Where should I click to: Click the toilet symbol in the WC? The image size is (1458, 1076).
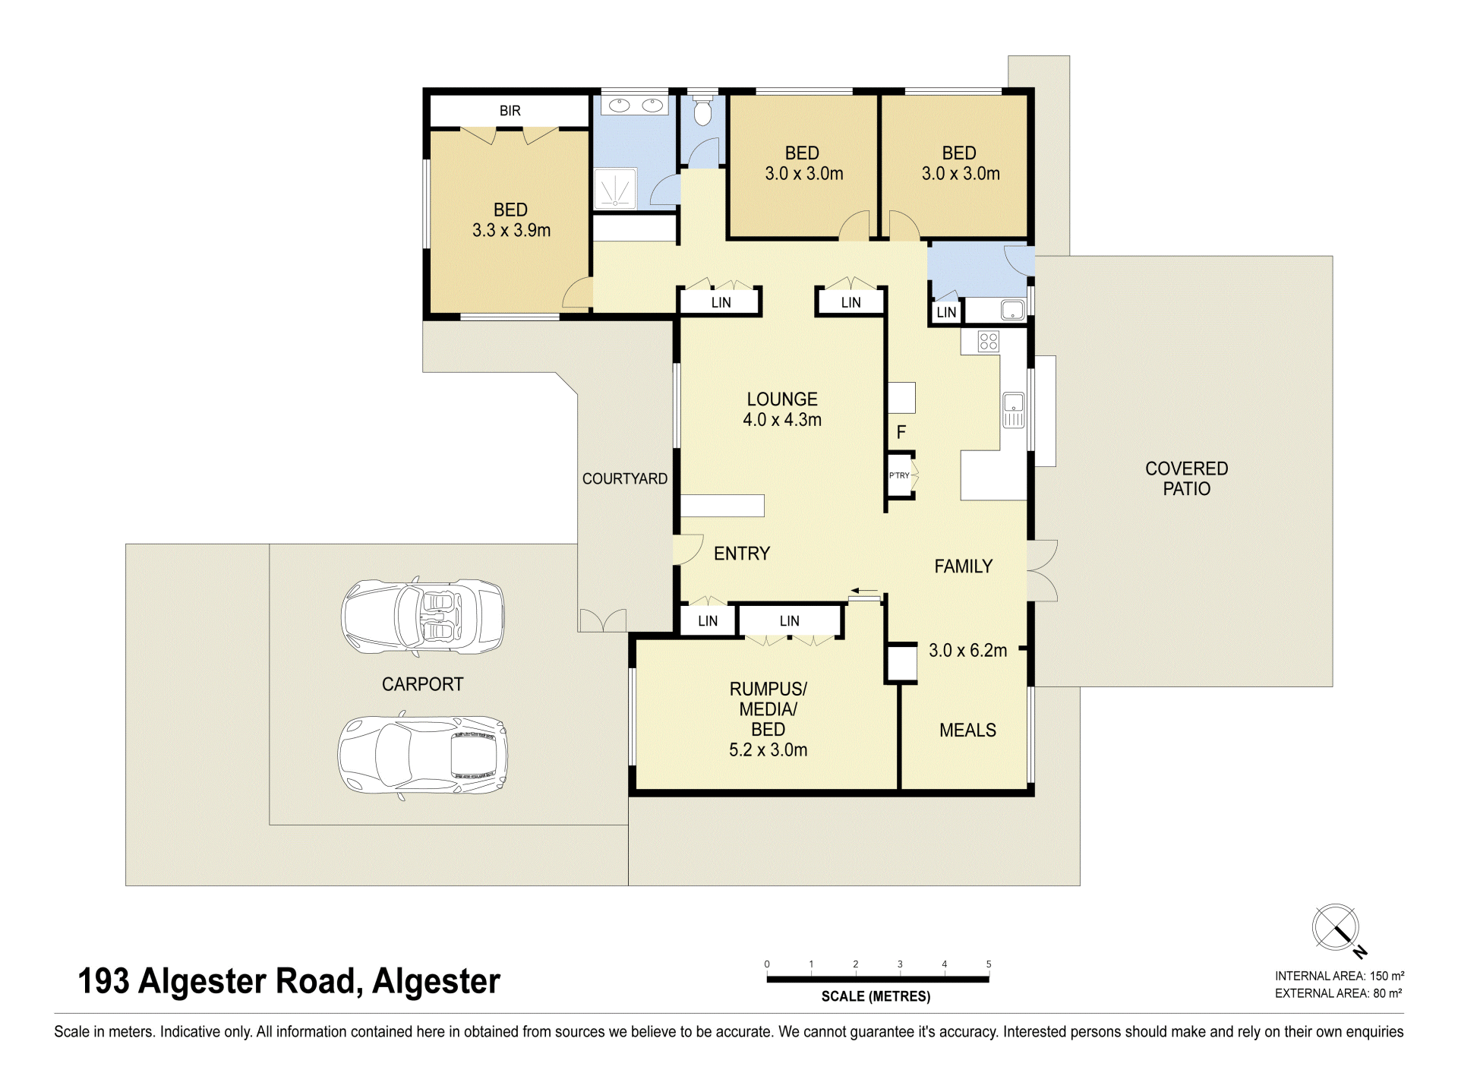click(702, 109)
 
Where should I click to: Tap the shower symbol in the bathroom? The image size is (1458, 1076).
click(614, 189)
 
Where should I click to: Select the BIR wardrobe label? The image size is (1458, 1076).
click(510, 111)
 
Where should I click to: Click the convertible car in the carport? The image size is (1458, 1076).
click(422, 617)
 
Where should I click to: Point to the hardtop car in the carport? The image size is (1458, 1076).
click(422, 756)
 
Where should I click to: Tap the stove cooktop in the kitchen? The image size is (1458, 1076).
click(988, 341)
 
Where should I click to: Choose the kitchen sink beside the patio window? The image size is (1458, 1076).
click(1014, 410)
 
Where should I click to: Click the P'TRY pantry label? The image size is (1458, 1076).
click(899, 475)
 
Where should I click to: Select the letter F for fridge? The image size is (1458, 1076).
click(901, 432)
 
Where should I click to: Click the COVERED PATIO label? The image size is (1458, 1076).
click(1186, 478)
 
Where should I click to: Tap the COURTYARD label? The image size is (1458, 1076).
click(625, 478)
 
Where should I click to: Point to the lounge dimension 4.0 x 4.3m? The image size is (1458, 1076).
click(782, 420)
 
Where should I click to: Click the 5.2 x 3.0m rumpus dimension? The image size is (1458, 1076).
click(768, 750)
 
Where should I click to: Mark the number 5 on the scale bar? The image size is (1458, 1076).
click(989, 964)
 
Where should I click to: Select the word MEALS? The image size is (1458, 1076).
click(967, 730)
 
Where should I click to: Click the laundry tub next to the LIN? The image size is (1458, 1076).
click(1013, 310)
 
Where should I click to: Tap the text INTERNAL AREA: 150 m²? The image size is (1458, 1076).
click(1340, 976)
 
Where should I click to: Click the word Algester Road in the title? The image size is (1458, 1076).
click(248, 981)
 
